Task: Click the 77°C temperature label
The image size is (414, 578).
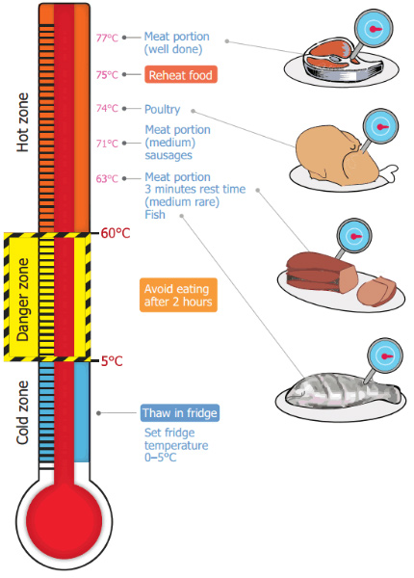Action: click(107, 39)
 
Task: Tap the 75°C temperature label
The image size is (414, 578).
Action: click(107, 74)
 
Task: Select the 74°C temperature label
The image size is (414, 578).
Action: click(107, 109)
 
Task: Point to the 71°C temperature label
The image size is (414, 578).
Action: click(107, 143)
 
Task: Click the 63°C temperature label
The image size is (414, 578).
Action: click(107, 178)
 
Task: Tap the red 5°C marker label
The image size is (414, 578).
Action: click(113, 360)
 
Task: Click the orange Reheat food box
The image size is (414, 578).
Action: click(181, 74)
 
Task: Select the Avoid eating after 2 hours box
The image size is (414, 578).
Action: click(178, 294)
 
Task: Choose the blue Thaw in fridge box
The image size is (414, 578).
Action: click(180, 413)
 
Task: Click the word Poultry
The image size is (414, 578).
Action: click(163, 109)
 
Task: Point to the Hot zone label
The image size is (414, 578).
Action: click(24, 120)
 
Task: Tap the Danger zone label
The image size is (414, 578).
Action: click(24, 297)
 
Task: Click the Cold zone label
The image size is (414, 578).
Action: click(24, 414)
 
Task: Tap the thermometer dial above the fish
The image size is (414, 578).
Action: click(387, 355)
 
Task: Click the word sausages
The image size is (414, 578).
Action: click(169, 154)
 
